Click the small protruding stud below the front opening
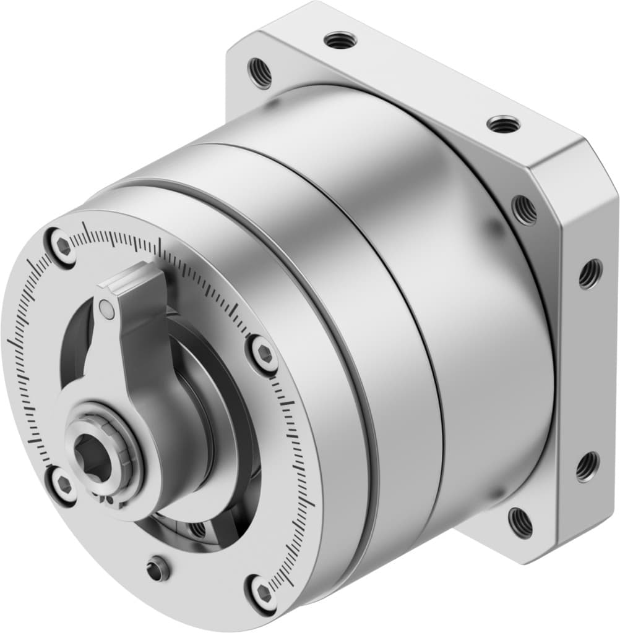[x=159, y=568]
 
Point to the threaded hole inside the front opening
[x=197, y=529]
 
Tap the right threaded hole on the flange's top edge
[x=502, y=124]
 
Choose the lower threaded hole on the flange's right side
[x=587, y=466]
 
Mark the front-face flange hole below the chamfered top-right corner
[x=525, y=210]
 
